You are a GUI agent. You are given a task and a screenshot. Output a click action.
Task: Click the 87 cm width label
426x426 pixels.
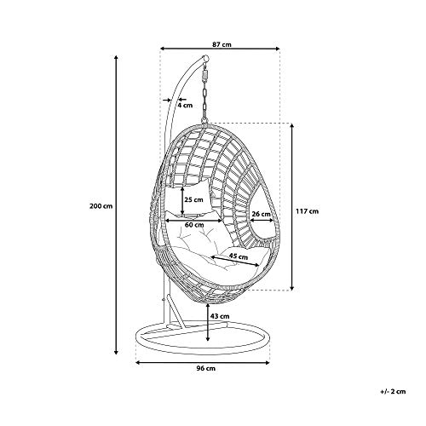(x=222, y=44)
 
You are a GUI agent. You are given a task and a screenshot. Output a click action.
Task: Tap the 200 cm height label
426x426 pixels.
(x=101, y=206)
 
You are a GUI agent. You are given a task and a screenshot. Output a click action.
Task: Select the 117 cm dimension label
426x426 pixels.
(x=307, y=211)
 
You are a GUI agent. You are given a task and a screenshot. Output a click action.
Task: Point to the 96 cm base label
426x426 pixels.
(x=206, y=368)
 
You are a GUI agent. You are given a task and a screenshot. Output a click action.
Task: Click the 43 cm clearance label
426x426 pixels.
(x=220, y=316)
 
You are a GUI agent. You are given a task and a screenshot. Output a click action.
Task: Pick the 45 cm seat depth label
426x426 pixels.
(x=239, y=256)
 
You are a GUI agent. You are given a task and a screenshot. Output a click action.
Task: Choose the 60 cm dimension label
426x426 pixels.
(x=194, y=225)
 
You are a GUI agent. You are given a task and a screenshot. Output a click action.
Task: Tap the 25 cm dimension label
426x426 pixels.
(x=193, y=199)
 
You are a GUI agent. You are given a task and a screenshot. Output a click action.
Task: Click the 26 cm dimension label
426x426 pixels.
(x=261, y=214)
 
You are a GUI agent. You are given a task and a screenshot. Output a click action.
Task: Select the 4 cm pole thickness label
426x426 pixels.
(x=185, y=106)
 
